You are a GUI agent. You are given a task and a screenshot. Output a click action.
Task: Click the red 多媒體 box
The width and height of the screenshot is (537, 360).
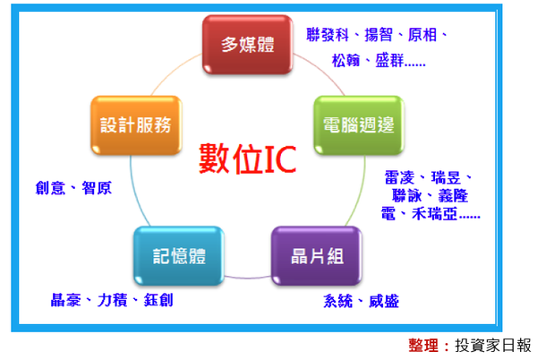click(246, 46)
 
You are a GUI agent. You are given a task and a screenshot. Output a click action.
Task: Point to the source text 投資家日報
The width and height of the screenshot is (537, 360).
click(492, 345)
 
